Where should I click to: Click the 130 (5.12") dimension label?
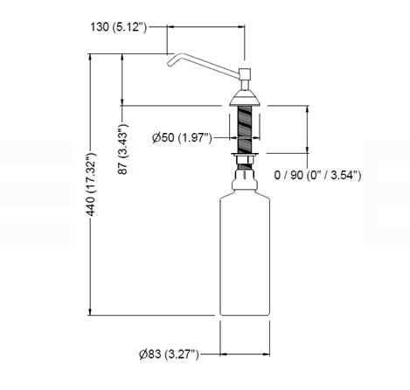click(x=119, y=27)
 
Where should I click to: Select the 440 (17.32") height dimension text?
click(x=91, y=185)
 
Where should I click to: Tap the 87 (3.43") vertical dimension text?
click(x=122, y=150)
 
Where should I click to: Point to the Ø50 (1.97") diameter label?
click(x=182, y=137)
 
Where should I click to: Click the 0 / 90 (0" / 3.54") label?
click(x=317, y=176)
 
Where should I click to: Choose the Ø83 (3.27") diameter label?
click(x=169, y=354)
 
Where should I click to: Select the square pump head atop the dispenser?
click(x=245, y=74)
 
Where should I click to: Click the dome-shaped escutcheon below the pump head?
click(x=245, y=98)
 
